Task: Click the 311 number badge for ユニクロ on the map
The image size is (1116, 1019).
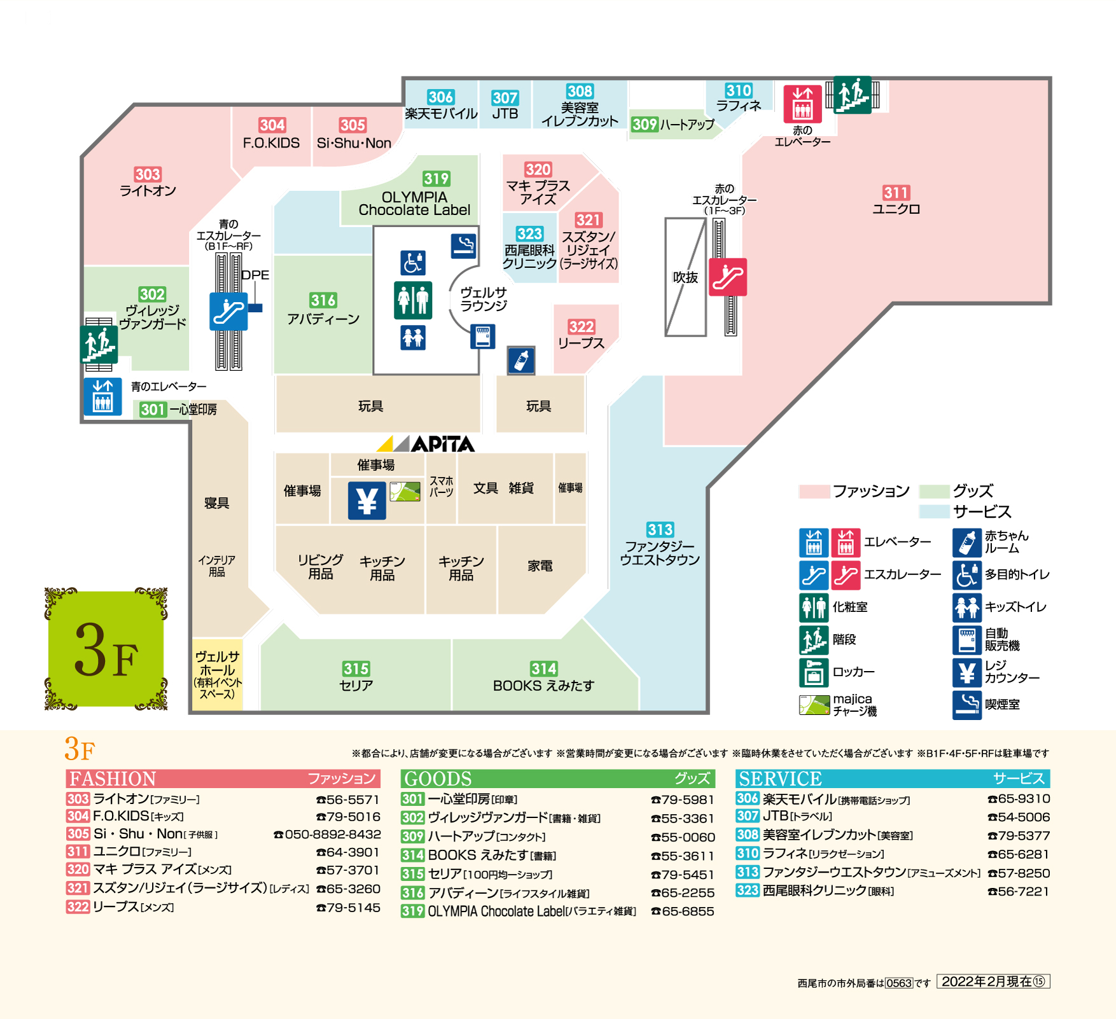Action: coord(896,193)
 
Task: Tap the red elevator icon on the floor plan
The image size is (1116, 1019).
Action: coord(802,104)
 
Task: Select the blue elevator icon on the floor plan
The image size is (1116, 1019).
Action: coord(102,396)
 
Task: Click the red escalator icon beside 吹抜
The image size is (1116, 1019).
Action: coord(728,277)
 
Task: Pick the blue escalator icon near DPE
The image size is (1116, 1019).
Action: coord(228,312)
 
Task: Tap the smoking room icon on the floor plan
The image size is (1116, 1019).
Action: coord(464,246)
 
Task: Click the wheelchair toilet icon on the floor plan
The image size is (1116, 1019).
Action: coord(413,262)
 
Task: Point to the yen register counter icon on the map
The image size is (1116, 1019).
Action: coord(366,501)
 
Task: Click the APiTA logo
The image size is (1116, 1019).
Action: coord(426,443)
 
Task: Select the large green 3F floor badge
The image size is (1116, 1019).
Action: coord(106,648)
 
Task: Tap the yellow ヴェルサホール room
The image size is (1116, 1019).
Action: coord(218,674)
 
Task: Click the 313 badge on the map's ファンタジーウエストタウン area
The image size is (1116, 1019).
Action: coord(660,530)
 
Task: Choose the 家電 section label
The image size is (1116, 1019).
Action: coord(540,566)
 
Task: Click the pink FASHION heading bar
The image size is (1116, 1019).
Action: coord(223,779)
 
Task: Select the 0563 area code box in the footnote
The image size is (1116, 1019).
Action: coord(898,983)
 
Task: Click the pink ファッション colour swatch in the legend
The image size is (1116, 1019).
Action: coord(814,491)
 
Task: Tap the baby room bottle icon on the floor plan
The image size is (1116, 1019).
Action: coord(521,361)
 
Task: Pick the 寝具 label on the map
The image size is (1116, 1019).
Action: coord(216,503)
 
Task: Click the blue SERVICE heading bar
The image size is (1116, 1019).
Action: coord(892,779)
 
